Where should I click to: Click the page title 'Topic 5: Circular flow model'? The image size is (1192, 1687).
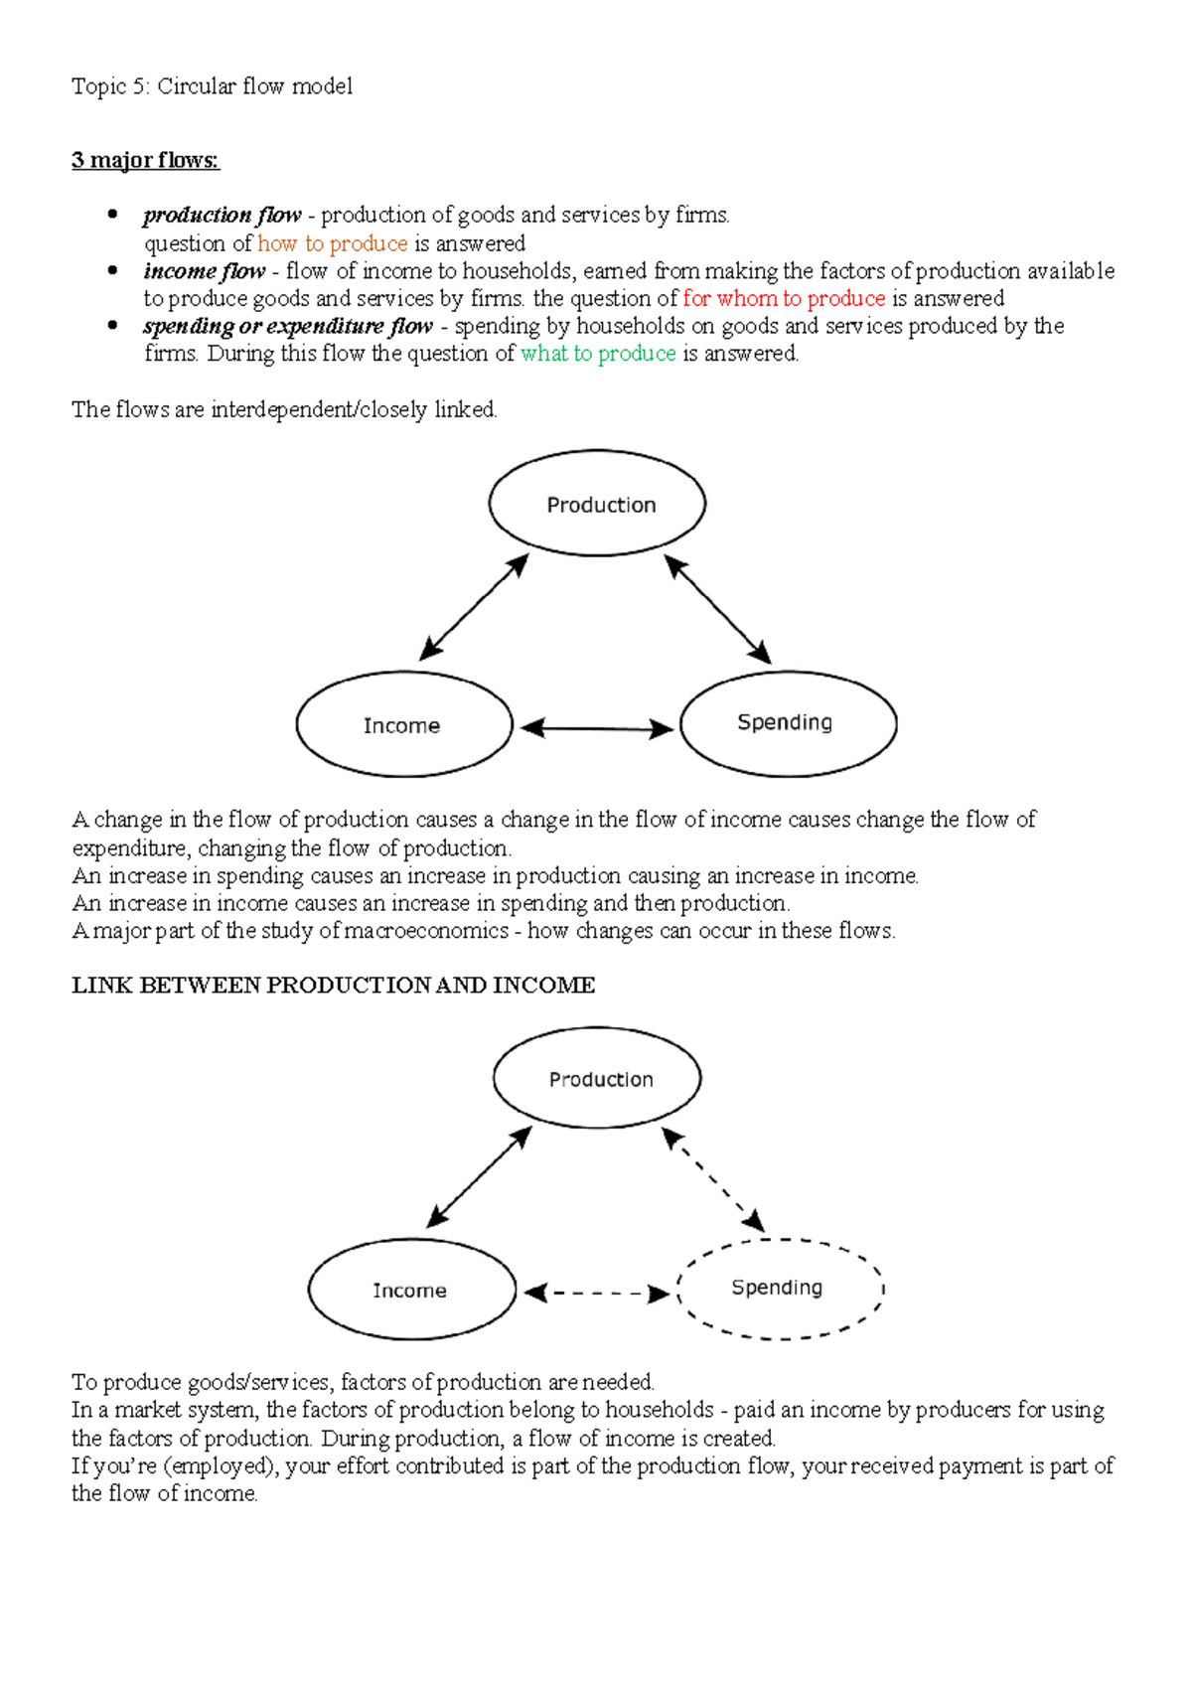(x=212, y=86)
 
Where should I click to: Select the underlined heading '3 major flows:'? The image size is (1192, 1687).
(x=145, y=160)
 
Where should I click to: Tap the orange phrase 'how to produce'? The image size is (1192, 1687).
(x=332, y=243)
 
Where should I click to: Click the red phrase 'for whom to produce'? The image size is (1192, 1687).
(x=784, y=298)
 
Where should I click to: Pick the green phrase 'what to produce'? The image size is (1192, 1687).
(x=598, y=354)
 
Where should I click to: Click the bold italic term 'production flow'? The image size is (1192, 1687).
(x=222, y=215)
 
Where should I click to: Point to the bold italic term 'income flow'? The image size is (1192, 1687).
(x=204, y=271)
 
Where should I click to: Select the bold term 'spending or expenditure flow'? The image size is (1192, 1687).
(x=288, y=326)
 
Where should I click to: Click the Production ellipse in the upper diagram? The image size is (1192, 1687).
(x=597, y=505)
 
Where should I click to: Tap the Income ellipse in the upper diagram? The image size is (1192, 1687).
(x=403, y=725)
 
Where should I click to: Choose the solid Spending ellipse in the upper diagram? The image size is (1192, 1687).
(x=788, y=723)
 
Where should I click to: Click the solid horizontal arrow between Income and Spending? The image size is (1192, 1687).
(x=596, y=729)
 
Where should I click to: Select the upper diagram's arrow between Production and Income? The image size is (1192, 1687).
(x=474, y=607)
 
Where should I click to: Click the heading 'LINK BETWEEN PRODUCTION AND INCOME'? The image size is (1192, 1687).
(x=333, y=986)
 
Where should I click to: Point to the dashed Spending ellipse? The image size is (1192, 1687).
(x=779, y=1289)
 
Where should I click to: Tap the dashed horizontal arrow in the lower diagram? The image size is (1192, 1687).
(x=596, y=1294)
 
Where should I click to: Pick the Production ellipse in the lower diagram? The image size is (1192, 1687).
(x=598, y=1079)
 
